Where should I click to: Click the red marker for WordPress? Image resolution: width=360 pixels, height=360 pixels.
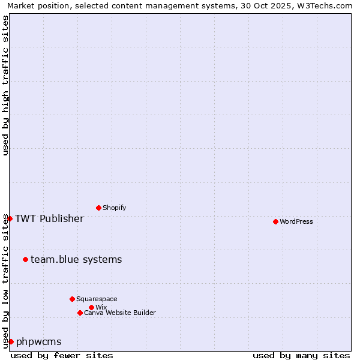click(275, 221)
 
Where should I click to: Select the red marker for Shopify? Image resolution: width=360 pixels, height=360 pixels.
click(98, 208)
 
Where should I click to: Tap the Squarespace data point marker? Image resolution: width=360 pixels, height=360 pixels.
click(72, 299)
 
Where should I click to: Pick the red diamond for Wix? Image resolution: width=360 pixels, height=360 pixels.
click(91, 307)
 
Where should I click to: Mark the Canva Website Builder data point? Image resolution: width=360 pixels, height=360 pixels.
click(80, 313)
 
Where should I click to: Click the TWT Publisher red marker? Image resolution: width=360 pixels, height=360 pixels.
click(10, 218)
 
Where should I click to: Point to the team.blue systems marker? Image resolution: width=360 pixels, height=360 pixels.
click(25, 259)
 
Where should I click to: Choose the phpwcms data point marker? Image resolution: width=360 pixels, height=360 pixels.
click(11, 341)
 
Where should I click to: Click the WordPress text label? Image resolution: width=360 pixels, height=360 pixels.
click(296, 221)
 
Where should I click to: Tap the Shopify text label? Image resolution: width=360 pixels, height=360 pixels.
click(115, 208)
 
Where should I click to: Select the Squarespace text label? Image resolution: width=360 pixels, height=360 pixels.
click(97, 299)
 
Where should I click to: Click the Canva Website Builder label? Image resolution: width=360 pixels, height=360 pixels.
click(120, 313)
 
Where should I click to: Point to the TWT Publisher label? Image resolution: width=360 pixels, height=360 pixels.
click(49, 218)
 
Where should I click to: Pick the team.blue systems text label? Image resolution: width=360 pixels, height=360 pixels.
click(76, 259)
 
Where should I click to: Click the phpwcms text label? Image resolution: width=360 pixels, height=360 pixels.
click(38, 341)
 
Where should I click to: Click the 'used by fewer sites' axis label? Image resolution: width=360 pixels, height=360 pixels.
click(62, 355)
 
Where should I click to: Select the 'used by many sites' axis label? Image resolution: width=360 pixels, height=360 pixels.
click(301, 355)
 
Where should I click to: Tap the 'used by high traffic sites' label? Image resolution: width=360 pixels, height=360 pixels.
click(5, 85)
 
